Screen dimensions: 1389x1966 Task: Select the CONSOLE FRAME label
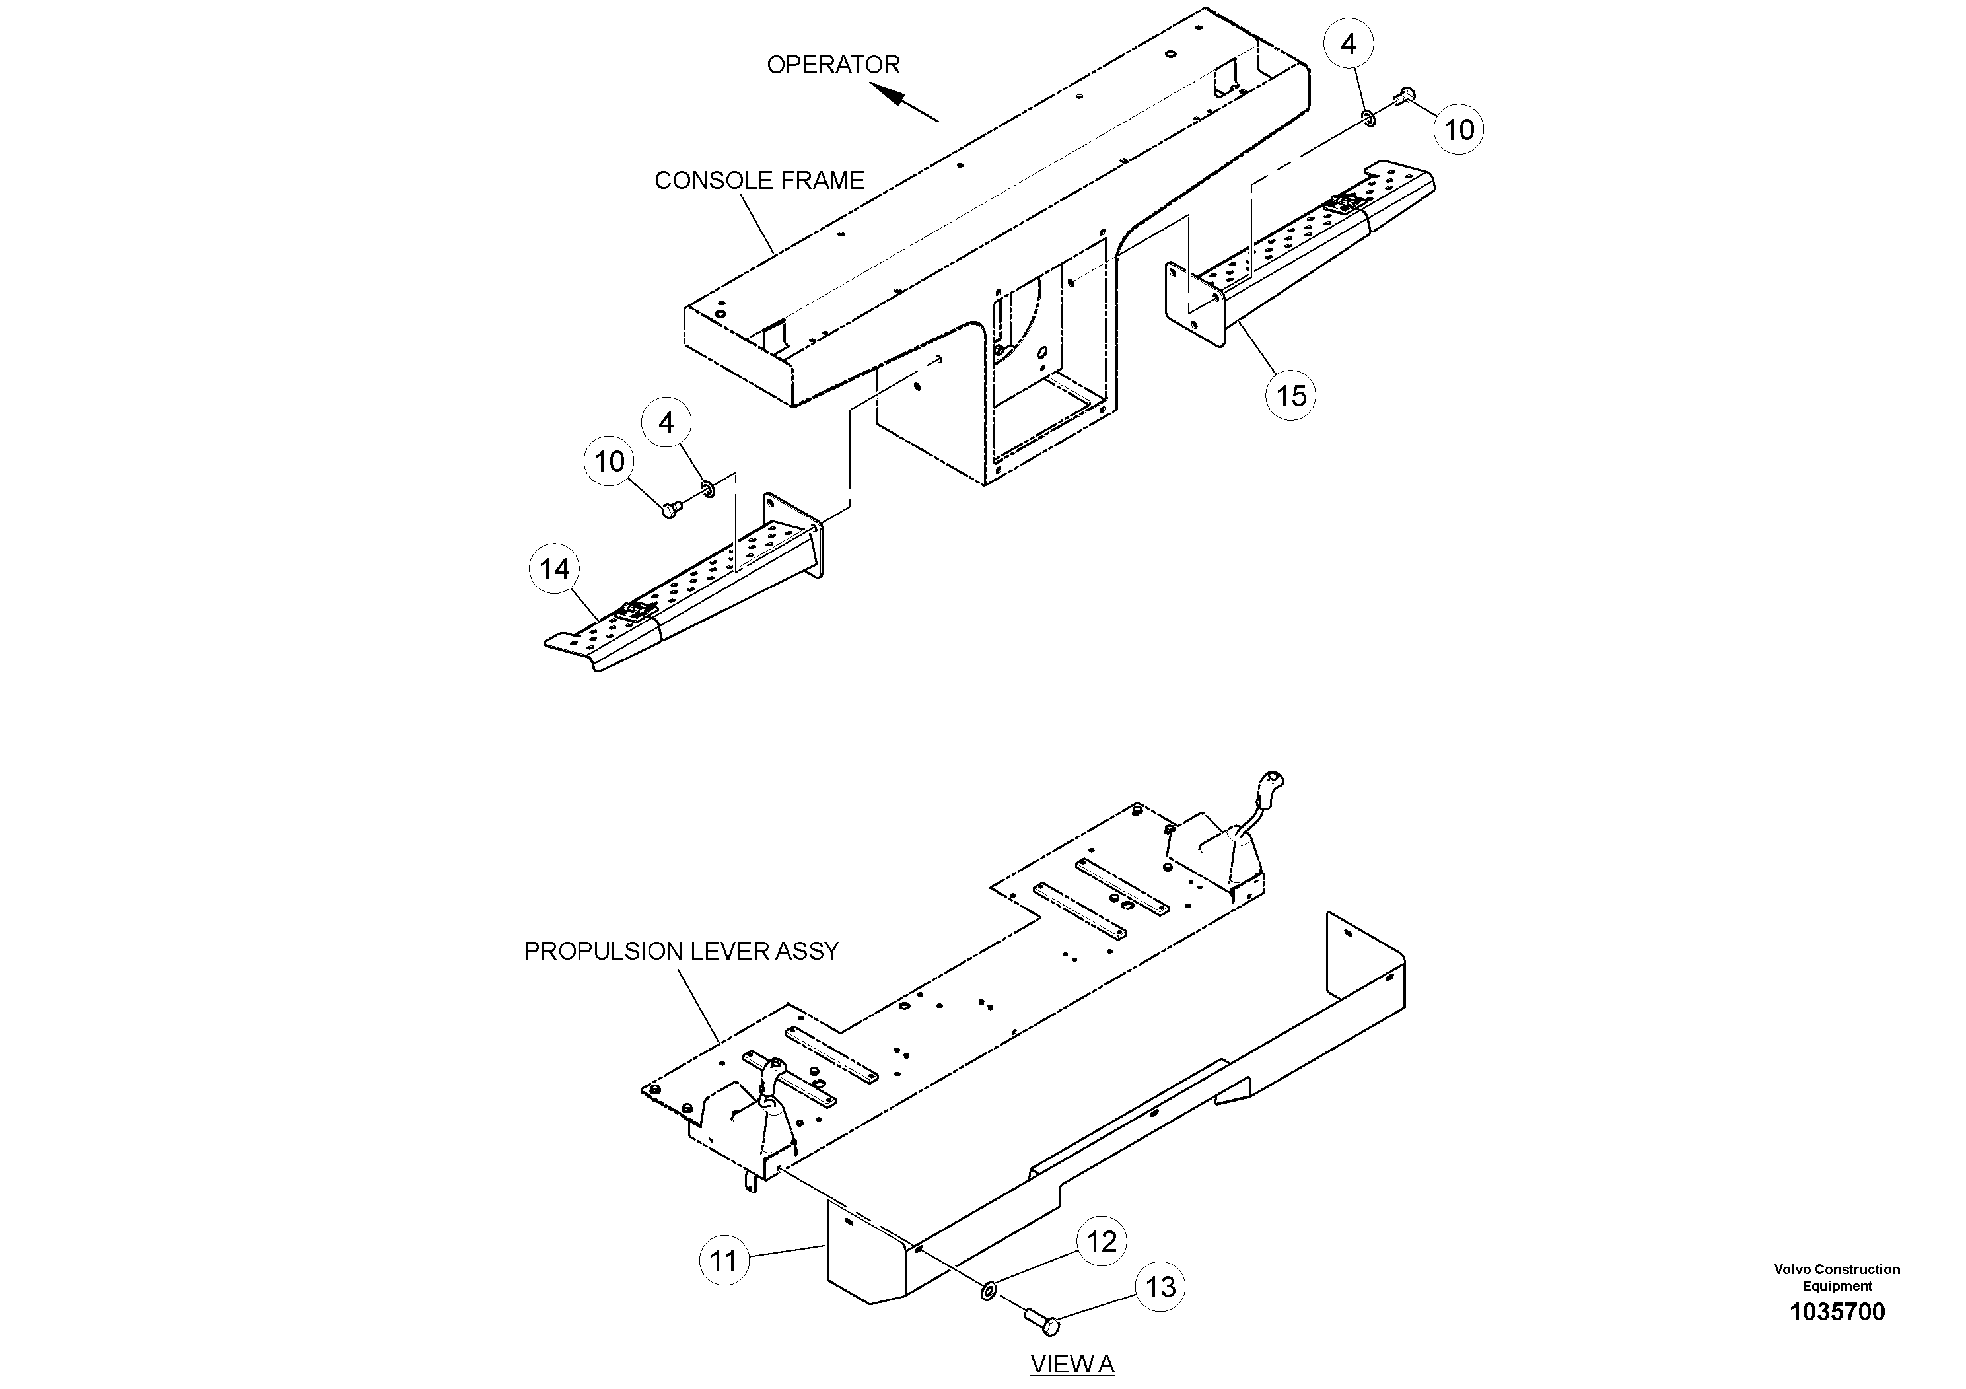pyautogui.click(x=759, y=181)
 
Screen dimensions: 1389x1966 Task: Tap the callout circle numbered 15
pyautogui.click(x=1290, y=396)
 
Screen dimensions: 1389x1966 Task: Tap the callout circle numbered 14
pyautogui.click(x=554, y=569)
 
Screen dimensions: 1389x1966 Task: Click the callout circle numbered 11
pyautogui.click(x=724, y=1261)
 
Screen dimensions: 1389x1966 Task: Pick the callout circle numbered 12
pyautogui.click(x=1101, y=1242)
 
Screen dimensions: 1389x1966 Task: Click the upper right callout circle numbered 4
pyautogui.click(x=1348, y=44)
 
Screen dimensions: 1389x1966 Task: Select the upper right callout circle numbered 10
pyautogui.click(x=1458, y=130)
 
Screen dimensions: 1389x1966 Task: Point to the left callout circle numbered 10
pyautogui.click(x=609, y=462)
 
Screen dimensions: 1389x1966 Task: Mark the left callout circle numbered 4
pyautogui.click(x=666, y=422)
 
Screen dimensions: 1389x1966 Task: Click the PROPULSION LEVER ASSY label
pyautogui.click(x=681, y=951)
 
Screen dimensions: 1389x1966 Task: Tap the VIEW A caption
pyautogui.click(x=1071, y=1364)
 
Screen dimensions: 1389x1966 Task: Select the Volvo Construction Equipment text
pyautogui.click(x=1837, y=1277)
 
